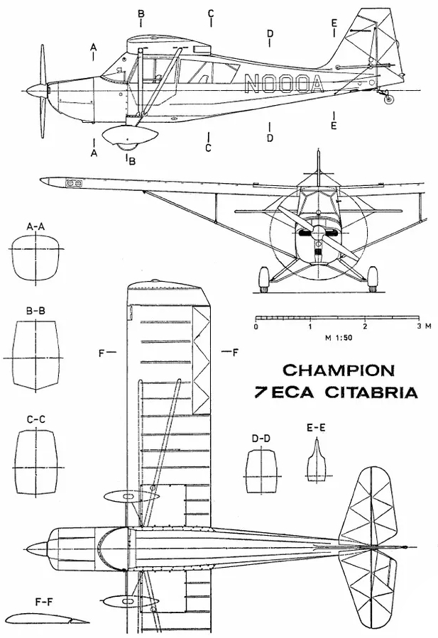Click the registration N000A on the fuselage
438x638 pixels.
point(283,84)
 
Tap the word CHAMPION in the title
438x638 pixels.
point(339,370)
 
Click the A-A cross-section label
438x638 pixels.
point(35,226)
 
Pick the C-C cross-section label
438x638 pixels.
point(35,419)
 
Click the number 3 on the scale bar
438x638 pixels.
point(419,327)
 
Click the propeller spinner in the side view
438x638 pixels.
point(35,91)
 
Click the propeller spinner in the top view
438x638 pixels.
point(35,549)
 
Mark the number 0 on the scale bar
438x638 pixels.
point(256,327)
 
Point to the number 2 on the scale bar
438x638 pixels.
point(365,327)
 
